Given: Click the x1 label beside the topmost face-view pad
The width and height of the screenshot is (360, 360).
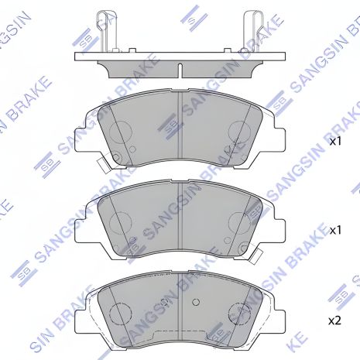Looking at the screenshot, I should pyautogui.click(x=335, y=142).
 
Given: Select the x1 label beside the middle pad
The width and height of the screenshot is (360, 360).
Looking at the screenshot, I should pyautogui.click(x=335, y=231).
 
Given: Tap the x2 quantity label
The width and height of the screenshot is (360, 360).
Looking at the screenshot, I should pyautogui.click(x=335, y=320).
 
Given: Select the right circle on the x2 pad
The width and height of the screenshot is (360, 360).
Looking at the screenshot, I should pyautogui.click(x=241, y=314).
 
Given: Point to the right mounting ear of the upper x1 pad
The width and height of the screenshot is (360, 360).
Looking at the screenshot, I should pyautogui.click(x=276, y=132).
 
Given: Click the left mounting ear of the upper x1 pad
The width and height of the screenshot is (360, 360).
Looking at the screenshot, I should pyautogui.click(x=84, y=132).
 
